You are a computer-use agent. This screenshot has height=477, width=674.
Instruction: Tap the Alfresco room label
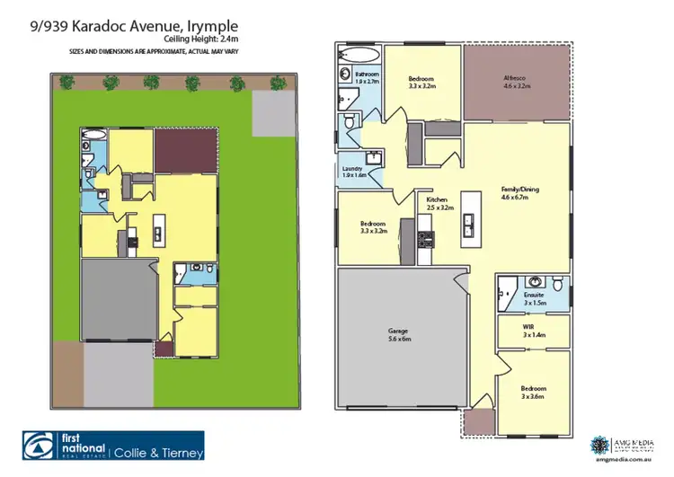(517, 82)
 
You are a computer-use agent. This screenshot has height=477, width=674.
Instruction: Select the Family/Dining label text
(514, 193)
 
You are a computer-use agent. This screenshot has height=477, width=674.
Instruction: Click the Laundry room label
(352, 172)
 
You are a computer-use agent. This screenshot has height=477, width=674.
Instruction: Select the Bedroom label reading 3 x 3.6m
(534, 393)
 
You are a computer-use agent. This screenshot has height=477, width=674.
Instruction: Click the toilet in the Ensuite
(559, 284)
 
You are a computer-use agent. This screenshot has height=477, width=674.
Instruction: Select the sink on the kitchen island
(468, 222)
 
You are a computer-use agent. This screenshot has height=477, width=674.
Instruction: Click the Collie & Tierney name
(159, 453)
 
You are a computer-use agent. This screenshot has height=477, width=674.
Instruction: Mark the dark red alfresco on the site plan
(185, 149)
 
